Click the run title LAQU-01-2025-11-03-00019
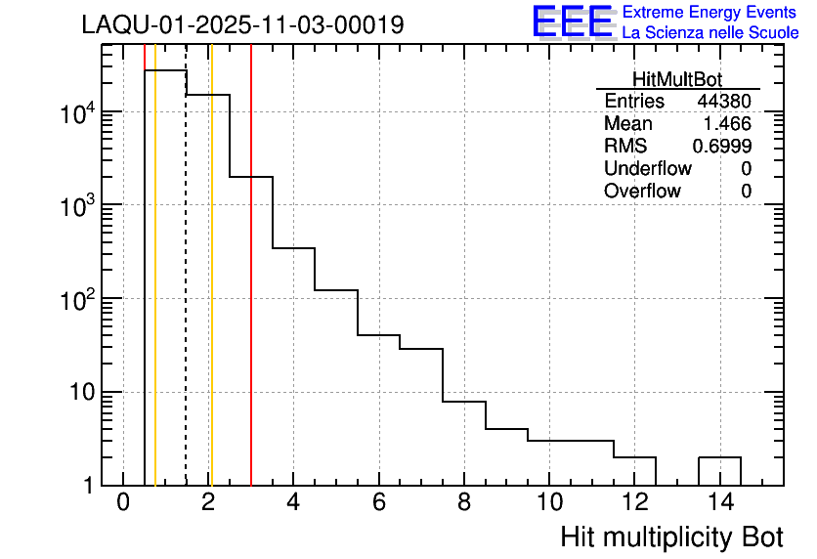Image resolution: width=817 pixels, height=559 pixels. (242, 25)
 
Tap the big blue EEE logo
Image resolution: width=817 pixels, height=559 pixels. (573, 22)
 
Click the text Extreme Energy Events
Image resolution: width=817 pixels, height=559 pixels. (710, 13)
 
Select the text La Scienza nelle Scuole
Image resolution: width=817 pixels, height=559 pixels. (710, 33)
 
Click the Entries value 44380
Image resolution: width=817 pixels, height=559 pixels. (724, 102)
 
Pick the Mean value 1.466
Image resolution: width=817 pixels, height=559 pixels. (727, 124)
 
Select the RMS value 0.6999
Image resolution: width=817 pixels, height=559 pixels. (722, 147)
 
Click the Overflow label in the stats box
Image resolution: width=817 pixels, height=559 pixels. (642, 192)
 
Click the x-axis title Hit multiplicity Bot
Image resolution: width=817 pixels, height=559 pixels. (671, 537)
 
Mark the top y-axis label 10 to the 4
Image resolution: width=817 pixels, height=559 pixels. (77, 113)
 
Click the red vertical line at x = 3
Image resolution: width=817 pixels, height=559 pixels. (251, 293)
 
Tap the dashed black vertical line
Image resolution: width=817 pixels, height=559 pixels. (186, 293)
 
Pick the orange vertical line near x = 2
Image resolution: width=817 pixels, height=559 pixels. (211, 293)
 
